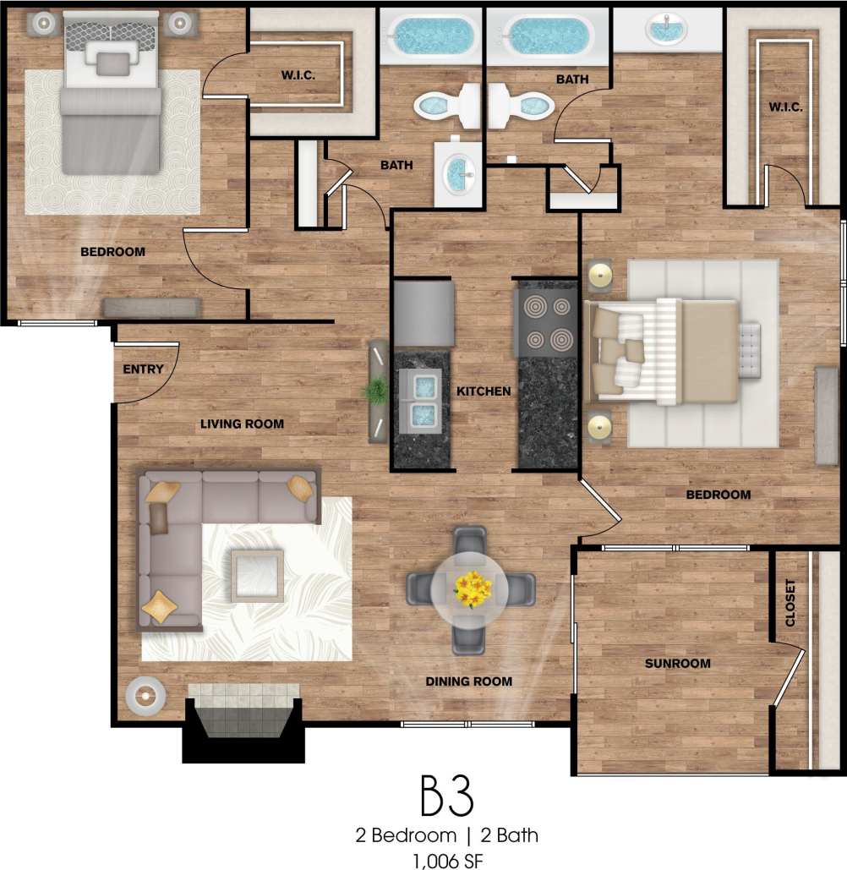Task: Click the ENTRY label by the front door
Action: coord(143,369)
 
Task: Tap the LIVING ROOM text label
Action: coord(242,424)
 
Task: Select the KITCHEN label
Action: coord(484,391)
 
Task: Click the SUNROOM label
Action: coord(677,664)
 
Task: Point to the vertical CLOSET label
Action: coord(791,603)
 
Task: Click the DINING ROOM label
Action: coord(469,681)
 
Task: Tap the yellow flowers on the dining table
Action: coord(473,587)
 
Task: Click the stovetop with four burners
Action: coord(547,325)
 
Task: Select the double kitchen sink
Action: coord(421,398)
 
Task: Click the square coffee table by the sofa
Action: coord(257,575)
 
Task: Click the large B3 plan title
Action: coord(446,796)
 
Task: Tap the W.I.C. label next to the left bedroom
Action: coord(298,75)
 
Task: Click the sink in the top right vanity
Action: coord(667,29)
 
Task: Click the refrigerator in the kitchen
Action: coord(423,314)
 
